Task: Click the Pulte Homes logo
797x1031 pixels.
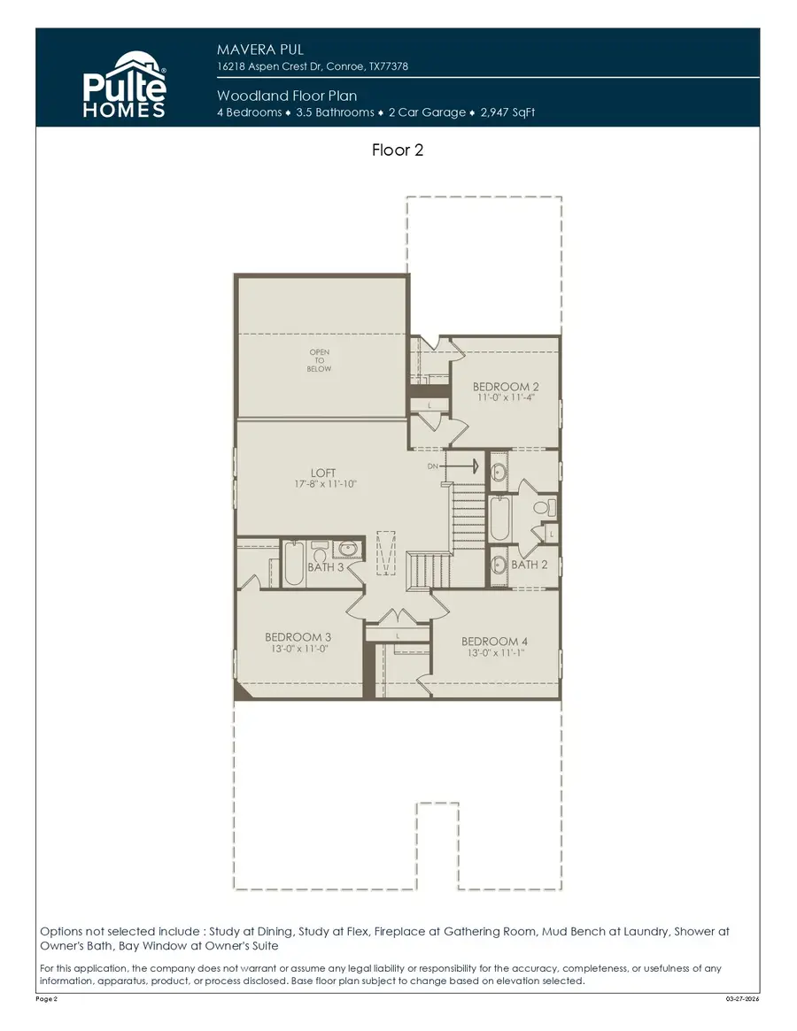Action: click(124, 84)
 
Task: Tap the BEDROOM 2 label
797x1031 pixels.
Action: click(506, 387)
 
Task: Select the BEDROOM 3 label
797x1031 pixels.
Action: click(298, 637)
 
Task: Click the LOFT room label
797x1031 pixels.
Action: click(322, 473)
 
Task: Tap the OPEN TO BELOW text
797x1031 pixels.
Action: click(320, 360)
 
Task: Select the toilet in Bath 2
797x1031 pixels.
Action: click(549, 507)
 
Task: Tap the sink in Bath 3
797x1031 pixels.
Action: click(349, 549)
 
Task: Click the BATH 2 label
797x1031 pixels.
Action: click(530, 565)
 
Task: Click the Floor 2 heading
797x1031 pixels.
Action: click(398, 150)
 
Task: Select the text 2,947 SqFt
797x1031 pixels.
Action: click(508, 112)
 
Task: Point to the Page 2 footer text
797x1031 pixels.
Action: click(47, 999)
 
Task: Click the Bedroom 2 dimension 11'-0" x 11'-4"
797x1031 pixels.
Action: click(506, 397)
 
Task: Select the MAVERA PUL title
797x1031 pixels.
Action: click(260, 50)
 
